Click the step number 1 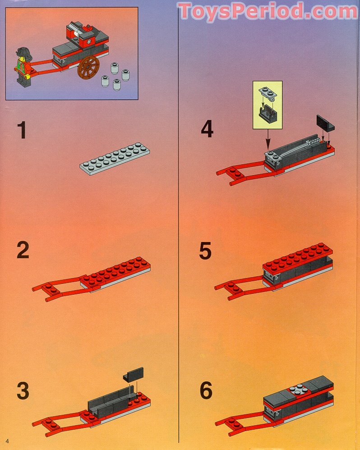(22, 131)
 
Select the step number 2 (23, 251)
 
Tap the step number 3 (23, 391)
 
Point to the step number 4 (207, 130)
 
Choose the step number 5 (205, 251)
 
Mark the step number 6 (206, 390)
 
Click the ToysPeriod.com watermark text (268, 11)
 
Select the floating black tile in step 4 (324, 122)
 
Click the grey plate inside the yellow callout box (267, 93)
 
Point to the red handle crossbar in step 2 (48, 292)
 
